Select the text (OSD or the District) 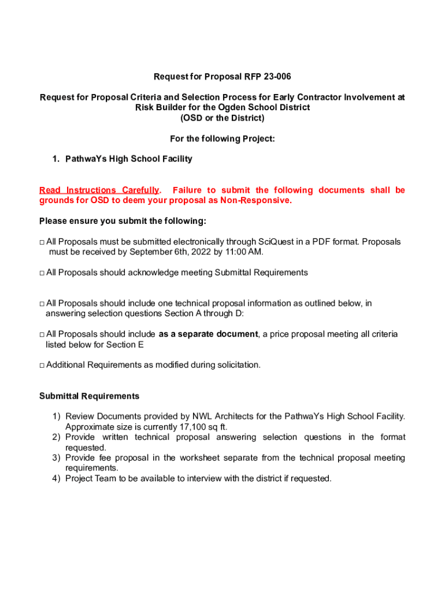pos(222,118)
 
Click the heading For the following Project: pos(222,139)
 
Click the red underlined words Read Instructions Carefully pos(98,190)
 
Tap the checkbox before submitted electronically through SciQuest pos(42,242)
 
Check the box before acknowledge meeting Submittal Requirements pos(42,273)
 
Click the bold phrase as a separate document pos(208,334)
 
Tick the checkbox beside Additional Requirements pos(42,365)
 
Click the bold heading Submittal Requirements pos(89,396)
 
